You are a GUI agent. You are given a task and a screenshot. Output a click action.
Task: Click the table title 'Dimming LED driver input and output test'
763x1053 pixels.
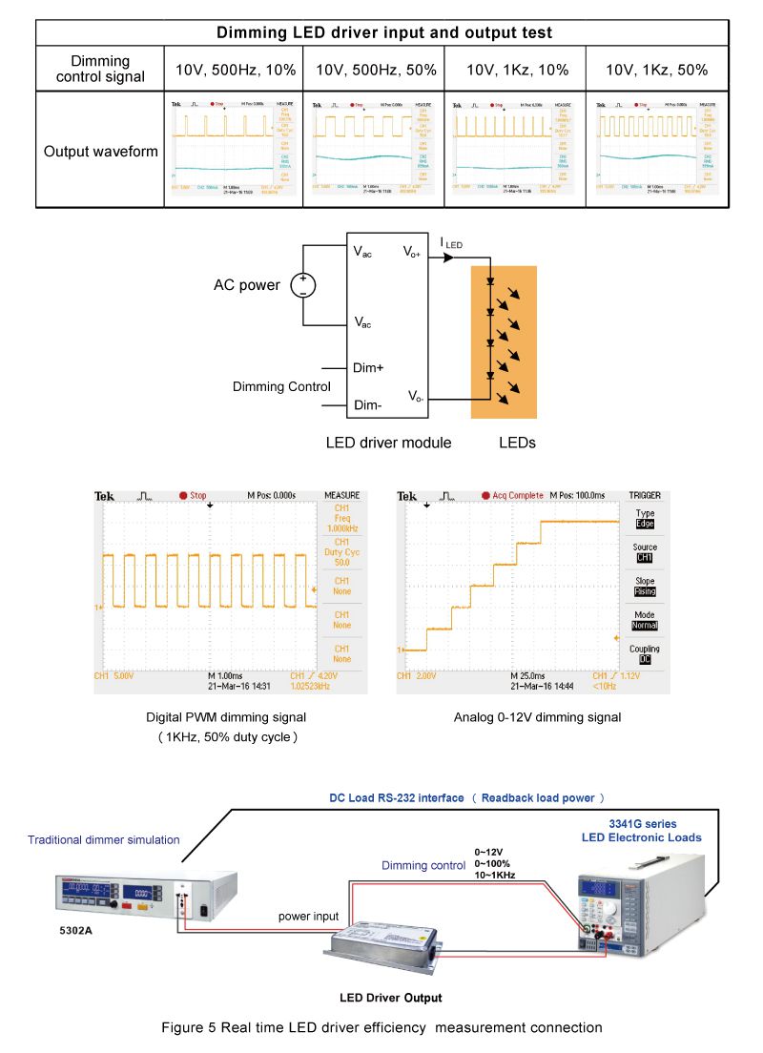[384, 32]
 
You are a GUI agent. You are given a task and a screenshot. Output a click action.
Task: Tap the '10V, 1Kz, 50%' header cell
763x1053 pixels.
[657, 70]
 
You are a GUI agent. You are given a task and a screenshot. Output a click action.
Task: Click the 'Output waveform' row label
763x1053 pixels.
[100, 151]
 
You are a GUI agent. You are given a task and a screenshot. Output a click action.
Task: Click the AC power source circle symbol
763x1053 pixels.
[303, 284]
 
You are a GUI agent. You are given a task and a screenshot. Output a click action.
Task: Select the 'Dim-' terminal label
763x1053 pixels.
[368, 405]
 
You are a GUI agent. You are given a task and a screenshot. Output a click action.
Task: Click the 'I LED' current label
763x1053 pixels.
[451, 245]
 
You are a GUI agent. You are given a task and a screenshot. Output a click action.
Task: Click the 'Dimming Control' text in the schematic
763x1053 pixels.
[282, 386]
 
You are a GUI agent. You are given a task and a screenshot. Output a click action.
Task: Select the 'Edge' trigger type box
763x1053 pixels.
[646, 523]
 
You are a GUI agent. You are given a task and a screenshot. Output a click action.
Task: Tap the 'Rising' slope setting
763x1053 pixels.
[646, 591]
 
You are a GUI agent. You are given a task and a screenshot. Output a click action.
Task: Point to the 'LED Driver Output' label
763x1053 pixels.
[391, 998]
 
